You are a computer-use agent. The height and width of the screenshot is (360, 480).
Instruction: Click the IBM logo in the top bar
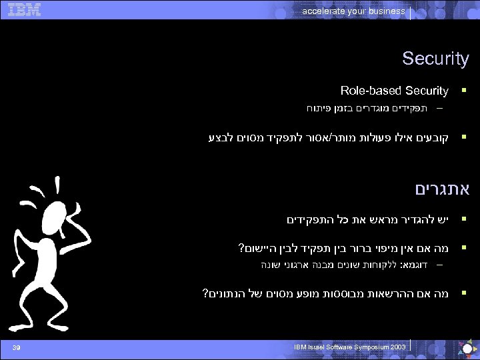point(23,9)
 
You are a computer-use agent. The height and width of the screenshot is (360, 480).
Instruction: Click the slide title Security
point(435,59)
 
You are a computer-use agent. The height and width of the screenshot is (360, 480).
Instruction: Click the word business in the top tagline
point(387,11)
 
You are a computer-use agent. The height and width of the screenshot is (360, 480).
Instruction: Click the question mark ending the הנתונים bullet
point(204,293)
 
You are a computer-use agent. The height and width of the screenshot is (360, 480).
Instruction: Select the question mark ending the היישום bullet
point(241,249)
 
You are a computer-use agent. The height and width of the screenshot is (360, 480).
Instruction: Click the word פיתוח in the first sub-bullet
point(318,108)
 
